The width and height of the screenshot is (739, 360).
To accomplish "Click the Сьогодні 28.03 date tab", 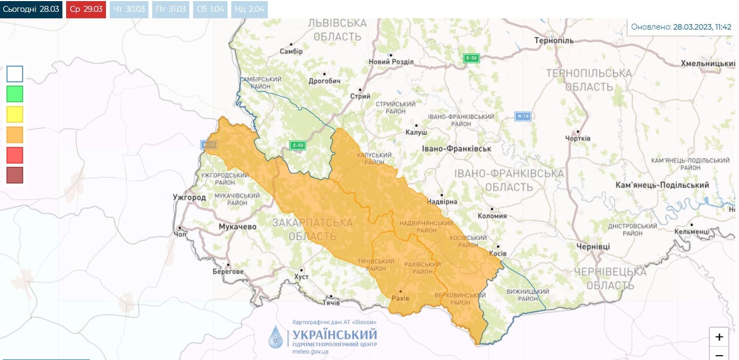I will (x=31, y=9).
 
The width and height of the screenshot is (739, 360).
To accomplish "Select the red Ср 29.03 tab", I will (x=86, y=9).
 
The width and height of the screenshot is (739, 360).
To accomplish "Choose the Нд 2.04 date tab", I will (x=249, y=9).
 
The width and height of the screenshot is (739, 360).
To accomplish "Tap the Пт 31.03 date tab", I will (x=170, y=9).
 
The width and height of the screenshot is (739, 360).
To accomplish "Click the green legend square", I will (x=15, y=94).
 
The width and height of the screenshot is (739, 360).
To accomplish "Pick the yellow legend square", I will (x=15, y=114).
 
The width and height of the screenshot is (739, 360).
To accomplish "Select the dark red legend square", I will (x=15, y=175).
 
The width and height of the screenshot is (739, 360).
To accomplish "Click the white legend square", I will (x=15, y=74).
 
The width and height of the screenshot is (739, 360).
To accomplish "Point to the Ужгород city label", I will (x=189, y=198).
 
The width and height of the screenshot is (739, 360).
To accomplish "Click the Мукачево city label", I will (x=237, y=227).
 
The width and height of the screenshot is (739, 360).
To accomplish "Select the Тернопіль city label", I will (x=553, y=41).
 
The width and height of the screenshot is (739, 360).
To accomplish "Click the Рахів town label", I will (x=400, y=298).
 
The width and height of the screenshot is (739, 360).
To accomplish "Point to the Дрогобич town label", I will (x=324, y=81).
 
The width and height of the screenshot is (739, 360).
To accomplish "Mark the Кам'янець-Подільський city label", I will (x=662, y=185).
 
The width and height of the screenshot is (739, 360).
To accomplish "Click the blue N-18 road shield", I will (x=522, y=116).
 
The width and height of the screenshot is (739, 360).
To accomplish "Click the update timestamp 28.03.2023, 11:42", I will (x=702, y=27).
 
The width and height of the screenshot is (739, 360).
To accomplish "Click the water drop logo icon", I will (x=276, y=337).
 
